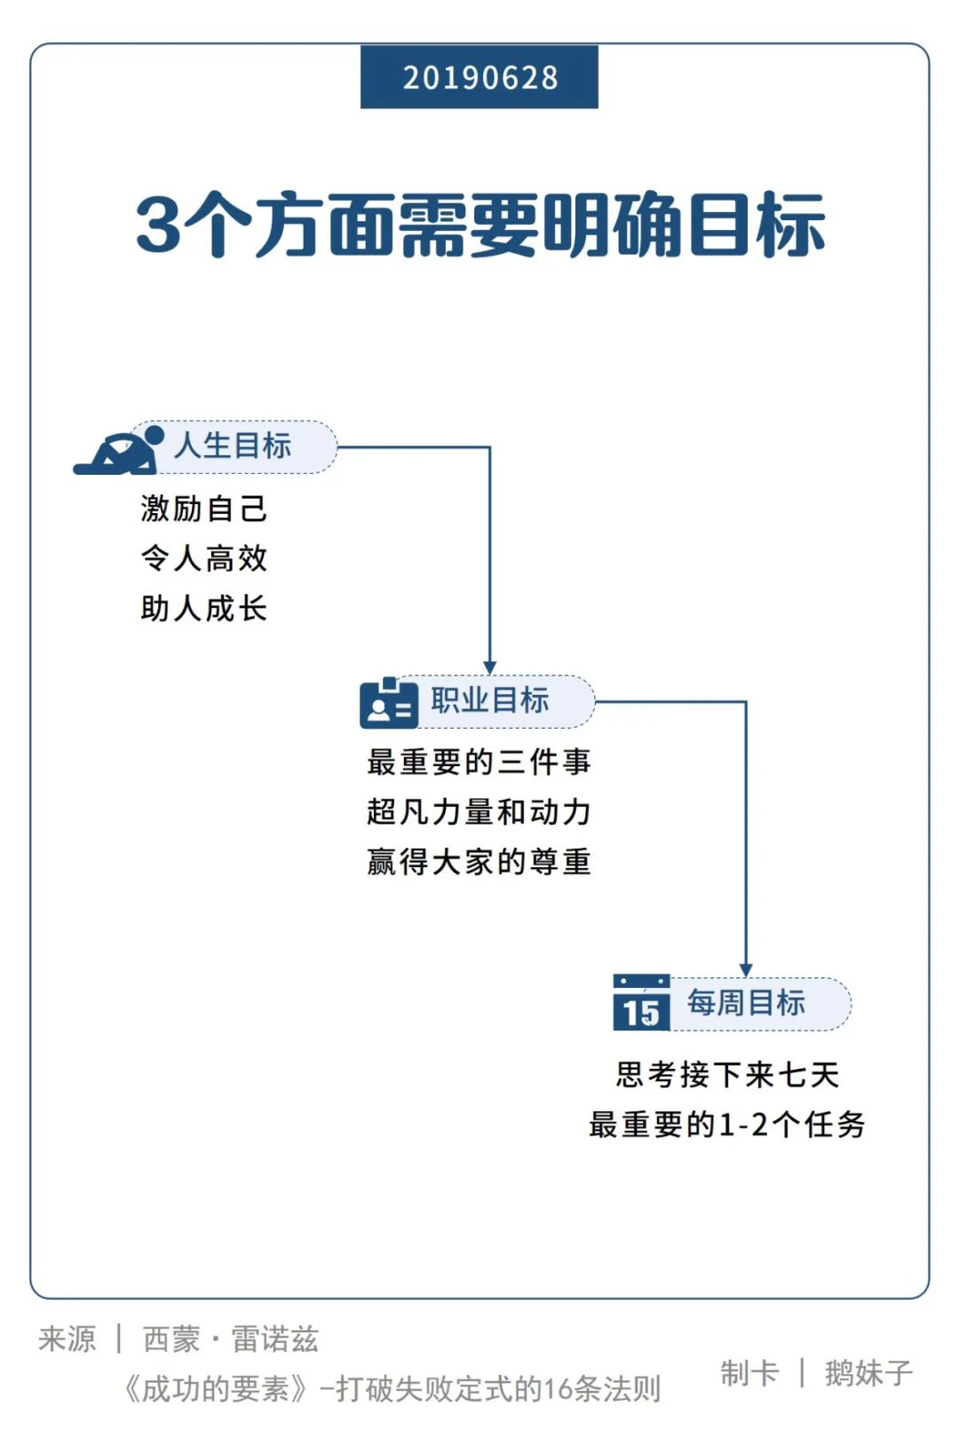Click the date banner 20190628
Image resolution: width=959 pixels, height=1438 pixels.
479,77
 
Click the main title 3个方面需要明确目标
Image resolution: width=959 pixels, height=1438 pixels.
480,225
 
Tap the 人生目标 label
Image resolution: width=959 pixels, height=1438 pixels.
233,446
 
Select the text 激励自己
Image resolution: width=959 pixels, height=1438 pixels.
203,509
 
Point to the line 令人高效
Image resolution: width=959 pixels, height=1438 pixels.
203,558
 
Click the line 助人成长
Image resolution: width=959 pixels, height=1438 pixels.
203,609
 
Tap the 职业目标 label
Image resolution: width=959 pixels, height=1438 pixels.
490,700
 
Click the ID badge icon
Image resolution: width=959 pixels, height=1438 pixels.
389,705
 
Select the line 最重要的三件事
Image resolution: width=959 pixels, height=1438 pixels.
479,762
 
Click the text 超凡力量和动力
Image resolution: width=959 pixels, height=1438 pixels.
479,811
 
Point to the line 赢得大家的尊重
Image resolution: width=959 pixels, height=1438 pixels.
479,861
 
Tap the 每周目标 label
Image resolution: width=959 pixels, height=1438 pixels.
746,1003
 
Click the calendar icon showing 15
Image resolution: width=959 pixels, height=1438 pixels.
641,1004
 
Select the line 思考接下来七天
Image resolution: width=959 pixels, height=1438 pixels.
727,1075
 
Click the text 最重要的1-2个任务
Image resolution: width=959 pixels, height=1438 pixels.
727,1125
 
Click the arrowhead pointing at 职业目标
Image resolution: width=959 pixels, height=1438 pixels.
489,668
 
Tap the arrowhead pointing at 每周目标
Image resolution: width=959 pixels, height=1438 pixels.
746,970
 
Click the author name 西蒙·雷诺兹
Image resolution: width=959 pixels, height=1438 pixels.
231,1339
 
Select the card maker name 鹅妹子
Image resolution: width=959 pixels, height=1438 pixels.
868,1373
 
